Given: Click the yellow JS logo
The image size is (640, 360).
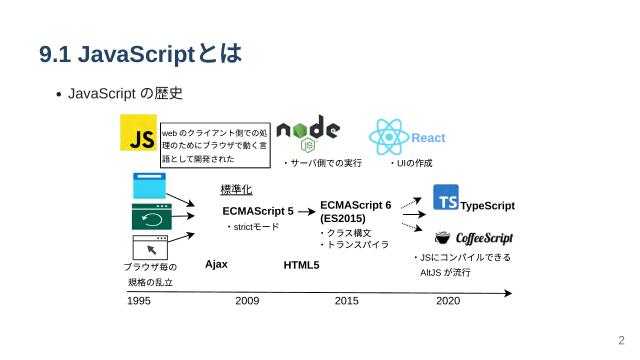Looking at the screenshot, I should click(x=137, y=132).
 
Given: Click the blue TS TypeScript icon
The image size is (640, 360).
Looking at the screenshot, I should click(x=447, y=199).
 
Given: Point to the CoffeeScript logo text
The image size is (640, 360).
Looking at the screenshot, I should click(x=485, y=238).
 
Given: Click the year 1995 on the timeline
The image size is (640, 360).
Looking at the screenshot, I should click(x=139, y=300).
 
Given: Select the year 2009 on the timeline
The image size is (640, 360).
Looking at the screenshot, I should click(x=247, y=300).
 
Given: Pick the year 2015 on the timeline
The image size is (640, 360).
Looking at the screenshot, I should click(x=347, y=300).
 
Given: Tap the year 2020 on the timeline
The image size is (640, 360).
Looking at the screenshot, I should click(x=448, y=300).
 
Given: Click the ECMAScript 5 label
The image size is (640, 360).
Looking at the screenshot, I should click(x=258, y=211).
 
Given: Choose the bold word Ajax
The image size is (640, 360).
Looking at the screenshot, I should click(x=217, y=264).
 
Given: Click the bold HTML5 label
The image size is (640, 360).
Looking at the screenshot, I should click(x=301, y=265).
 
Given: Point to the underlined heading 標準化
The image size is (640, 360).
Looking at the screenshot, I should click(x=236, y=190).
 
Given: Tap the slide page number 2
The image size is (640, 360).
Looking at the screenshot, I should click(x=621, y=339).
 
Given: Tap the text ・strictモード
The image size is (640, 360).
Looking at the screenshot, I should click(x=252, y=227).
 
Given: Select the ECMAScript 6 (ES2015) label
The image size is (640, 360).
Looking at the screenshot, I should click(x=356, y=211).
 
